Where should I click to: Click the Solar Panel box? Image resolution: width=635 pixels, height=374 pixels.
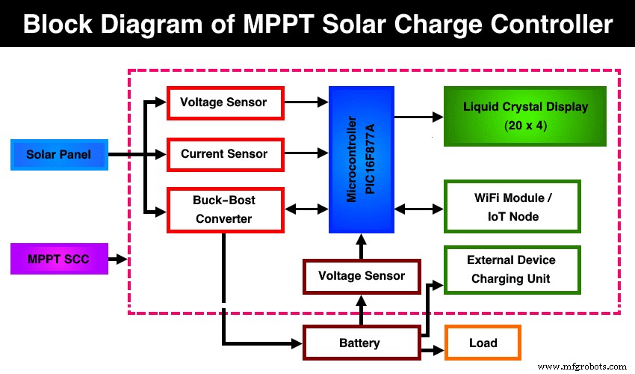pos(59,155)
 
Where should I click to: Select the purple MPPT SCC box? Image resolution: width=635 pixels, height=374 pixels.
pos(59,259)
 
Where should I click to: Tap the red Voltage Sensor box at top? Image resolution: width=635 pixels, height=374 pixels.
pos(225,102)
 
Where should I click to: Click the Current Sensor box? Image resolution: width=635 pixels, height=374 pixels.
pos(225,154)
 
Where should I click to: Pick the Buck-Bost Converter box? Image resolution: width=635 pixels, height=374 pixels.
pos(225,209)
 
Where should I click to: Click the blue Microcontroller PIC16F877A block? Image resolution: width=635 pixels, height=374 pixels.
pos(362,159)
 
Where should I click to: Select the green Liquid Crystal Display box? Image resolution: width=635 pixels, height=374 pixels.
pos(514,115)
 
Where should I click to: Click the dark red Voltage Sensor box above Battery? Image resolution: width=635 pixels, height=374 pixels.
pos(362,276)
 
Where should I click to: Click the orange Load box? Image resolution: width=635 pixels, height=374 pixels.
pos(483,343)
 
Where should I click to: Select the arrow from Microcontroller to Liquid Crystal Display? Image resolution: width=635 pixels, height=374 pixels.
pos(418,117)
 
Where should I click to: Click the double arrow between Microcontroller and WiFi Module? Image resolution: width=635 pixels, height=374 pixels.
pos(419,208)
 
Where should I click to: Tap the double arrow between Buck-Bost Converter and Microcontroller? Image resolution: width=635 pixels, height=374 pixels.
pos(306,209)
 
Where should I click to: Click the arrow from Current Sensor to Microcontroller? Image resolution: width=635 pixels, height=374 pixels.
pos(306,155)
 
